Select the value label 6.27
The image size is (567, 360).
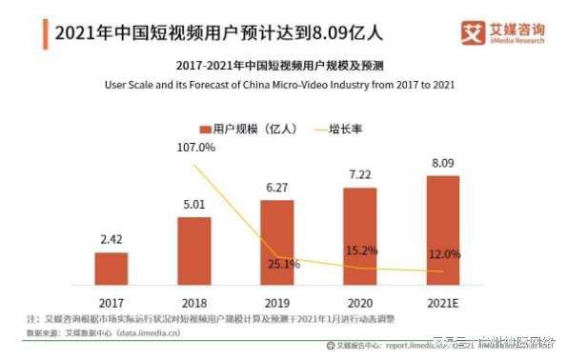point(276,190)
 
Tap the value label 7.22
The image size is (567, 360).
point(359,176)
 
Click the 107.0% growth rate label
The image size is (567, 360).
point(196,148)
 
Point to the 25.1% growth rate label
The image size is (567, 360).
point(282,264)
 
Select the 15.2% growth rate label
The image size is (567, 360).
point(364,250)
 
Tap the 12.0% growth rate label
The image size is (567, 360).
point(444,254)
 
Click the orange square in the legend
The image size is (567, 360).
point(204,129)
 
